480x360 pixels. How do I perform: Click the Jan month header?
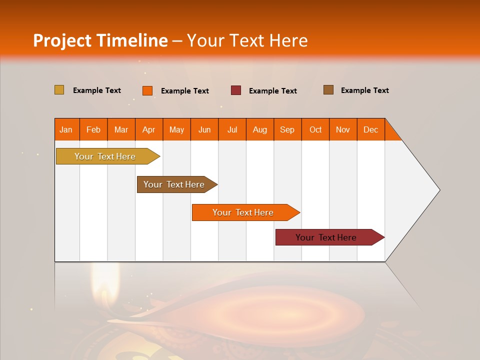pos(66,129)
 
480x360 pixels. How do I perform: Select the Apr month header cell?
pos(149,129)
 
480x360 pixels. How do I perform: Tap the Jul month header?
pos(232,129)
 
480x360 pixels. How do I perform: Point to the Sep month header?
pos(287,129)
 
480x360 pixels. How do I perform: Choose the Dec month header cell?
pos(370,129)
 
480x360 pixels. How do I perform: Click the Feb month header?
pos(93,129)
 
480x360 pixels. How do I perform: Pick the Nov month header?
pos(343,129)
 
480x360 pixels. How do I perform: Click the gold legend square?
pos(59,90)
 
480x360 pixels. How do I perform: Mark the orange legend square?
pos(147,90)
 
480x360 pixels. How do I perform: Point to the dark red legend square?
pos(236,90)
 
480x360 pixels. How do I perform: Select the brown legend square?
pos(328,90)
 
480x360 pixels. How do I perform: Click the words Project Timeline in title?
pos(100,40)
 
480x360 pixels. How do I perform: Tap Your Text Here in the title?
pos(247,40)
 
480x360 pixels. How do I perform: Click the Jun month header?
pos(204,129)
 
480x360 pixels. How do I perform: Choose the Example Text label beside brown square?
pos(364,90)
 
